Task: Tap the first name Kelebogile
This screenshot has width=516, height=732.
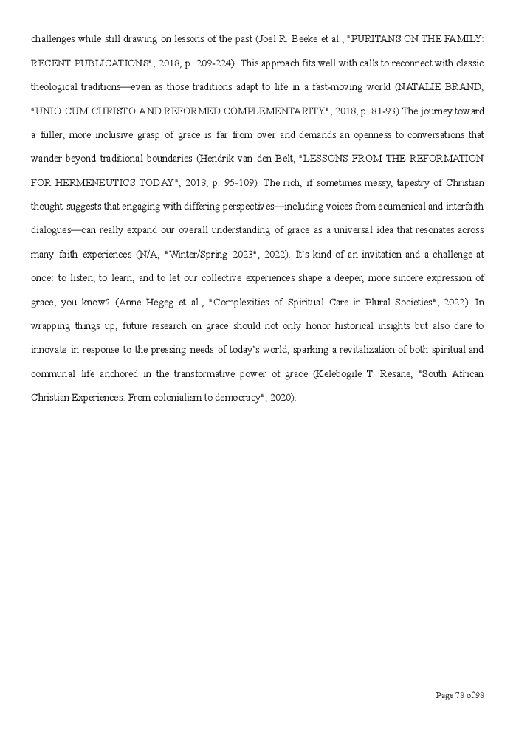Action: [340, 374]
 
